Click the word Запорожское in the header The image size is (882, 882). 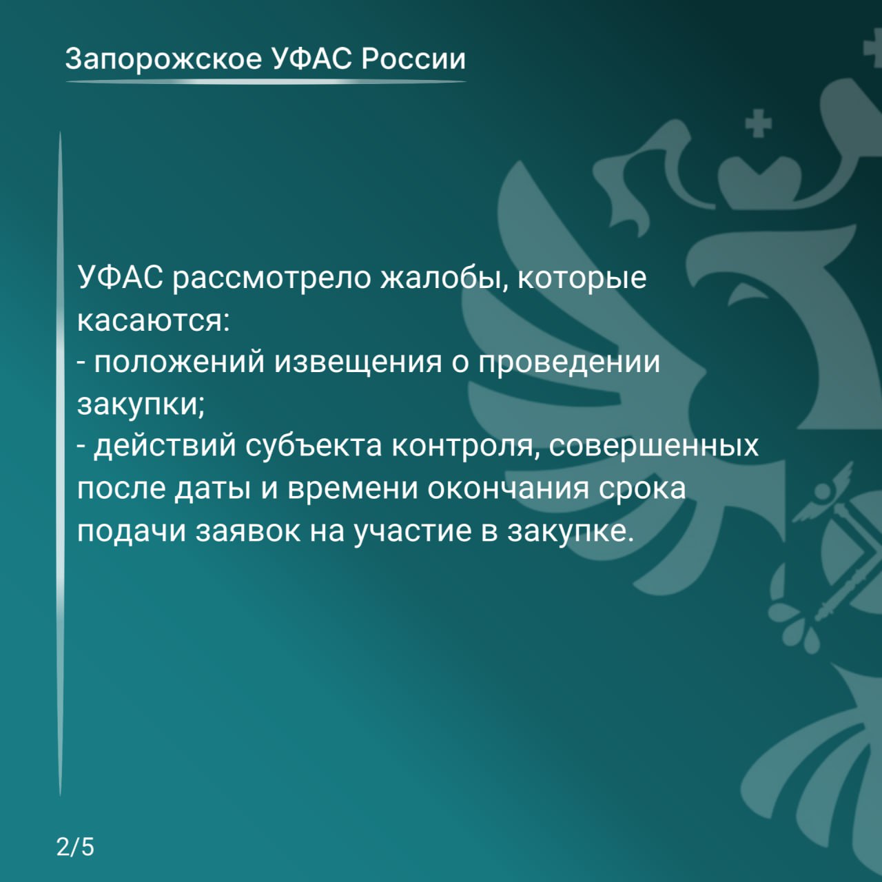click(x=164, y=59)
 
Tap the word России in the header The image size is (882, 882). click(x=413, y=59)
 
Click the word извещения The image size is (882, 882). click(x=358, y=362)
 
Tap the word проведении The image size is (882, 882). click(x=569, y=362)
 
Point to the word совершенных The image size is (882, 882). click(x=654, y=447)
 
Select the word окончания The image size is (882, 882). click(x=509, y=489)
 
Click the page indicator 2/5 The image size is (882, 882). click(x=75, y=847)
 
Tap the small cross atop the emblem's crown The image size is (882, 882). click(x=759, y=125)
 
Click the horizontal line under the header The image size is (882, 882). click(x=265, y=82)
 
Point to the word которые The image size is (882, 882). click(x=582, y=278)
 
